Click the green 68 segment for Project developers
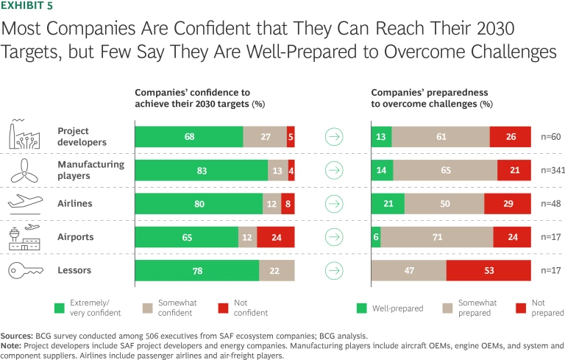(189, 137)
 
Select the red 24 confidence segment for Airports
(276, 237)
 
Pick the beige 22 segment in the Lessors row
(277, 270)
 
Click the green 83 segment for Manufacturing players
(201, 170)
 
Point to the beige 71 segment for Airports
(437, 237)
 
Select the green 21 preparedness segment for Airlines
(388, 204)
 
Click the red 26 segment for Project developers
(510, 137)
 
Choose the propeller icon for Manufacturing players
(26, 170)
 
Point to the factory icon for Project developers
(26, 136)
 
